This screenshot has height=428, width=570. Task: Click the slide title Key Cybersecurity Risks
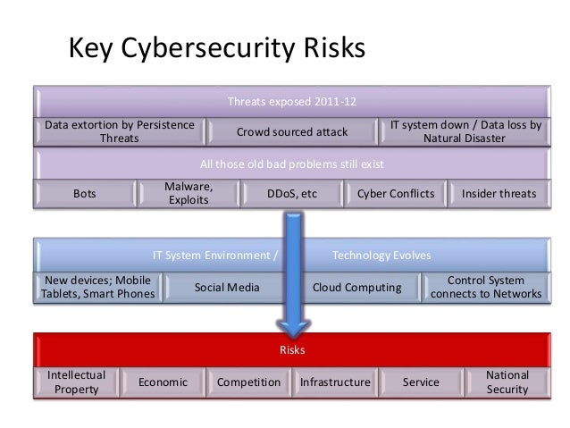[x=217, y=48]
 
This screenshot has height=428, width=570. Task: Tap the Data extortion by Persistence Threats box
[x=120, y=132]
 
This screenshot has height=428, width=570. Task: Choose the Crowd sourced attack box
[x=292, y=132]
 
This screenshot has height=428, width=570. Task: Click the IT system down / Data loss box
[x=465, y=132]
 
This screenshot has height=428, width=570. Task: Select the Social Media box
[x=227, y=287]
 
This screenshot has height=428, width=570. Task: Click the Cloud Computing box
[x=356, y=287]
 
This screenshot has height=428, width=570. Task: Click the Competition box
[x=249, y=382]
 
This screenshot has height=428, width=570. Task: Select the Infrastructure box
[x=335, y=382]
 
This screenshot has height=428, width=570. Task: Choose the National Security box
[x=507, y=382]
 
